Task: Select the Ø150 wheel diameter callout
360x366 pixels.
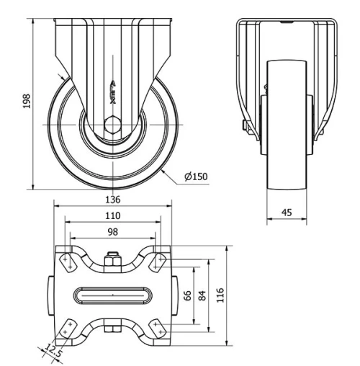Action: pos(196,177)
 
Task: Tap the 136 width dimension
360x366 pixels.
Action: pos(112,200)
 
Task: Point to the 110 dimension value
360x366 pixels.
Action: pos(112,215)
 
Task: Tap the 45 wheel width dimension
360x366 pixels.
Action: pos(286,212)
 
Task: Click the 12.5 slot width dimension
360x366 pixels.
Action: pos(50,352)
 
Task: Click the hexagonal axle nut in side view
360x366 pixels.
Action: pos(114,128)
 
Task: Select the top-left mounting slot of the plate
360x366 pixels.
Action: pos(67,262)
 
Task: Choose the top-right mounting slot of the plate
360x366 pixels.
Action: pos(156,262)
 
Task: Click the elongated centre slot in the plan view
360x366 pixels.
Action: pos(112,295)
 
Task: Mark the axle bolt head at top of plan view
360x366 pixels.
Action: pos(112,260)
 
